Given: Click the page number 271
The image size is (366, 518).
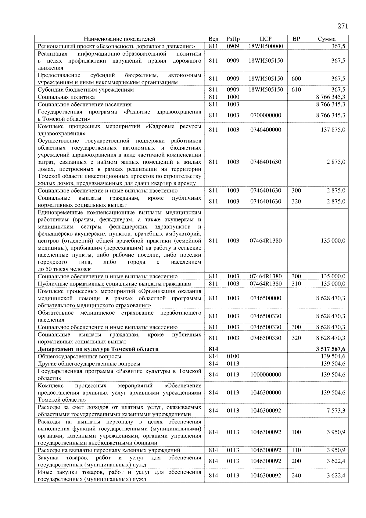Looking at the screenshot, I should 343,26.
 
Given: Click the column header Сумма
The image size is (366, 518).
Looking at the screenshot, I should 327,39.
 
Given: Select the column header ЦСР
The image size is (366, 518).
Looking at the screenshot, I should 266,39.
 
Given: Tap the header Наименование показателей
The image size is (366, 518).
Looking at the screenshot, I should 119,39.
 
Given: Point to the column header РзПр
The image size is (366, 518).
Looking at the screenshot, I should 233,39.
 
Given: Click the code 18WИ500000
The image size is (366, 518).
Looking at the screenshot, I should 266,46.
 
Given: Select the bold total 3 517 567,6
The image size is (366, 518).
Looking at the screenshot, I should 331,349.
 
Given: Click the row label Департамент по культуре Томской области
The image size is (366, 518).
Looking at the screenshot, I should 98,349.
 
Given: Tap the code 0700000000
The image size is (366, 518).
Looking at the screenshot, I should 266,115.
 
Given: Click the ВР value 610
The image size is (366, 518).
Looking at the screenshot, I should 296,90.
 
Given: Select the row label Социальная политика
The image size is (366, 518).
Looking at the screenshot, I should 66,97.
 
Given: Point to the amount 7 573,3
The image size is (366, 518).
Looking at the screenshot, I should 336,411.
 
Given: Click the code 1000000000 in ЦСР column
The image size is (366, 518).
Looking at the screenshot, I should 266,375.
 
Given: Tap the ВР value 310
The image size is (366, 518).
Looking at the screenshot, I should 296,284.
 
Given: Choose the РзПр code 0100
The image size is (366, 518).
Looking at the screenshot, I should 233,356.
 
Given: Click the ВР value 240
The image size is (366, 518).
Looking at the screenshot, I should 296,476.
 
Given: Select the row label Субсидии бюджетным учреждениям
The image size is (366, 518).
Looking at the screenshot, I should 86,90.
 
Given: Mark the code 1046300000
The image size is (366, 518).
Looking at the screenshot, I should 266,393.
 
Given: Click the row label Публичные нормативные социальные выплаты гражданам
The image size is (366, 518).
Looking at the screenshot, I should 114,284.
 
